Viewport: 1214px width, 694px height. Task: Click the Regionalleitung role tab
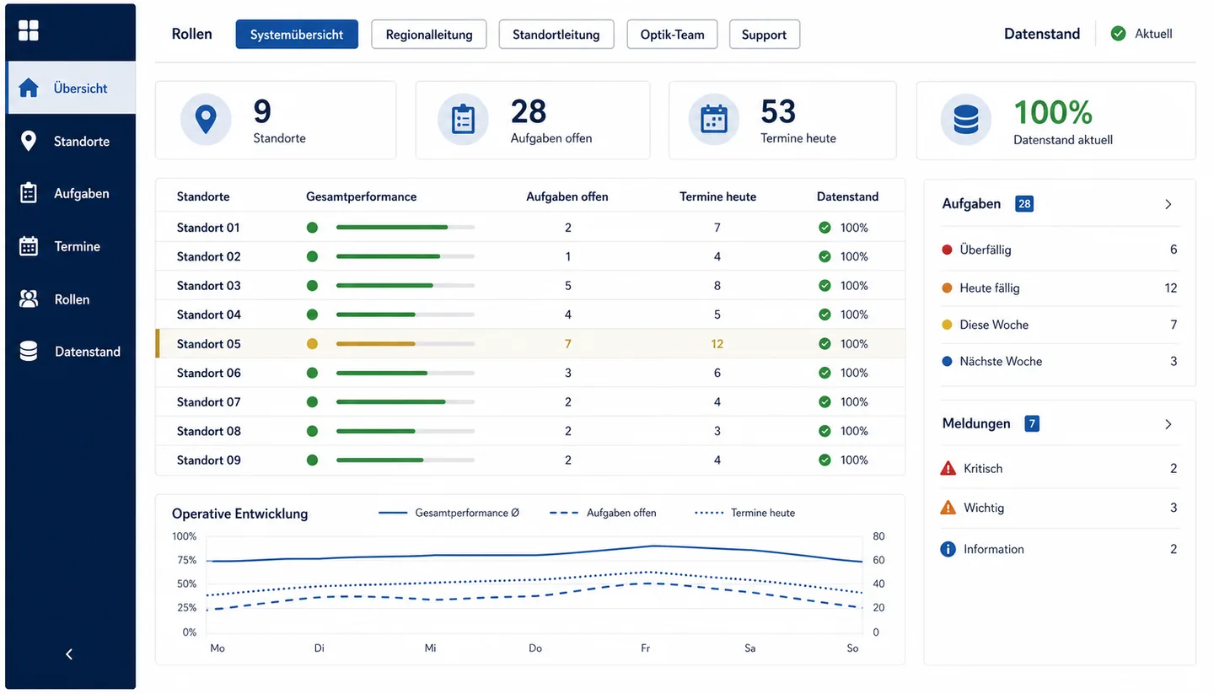[x=428, y=35]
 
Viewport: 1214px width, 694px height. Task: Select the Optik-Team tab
[x=672, y=35]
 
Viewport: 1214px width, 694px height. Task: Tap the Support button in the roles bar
[x=764, y=35]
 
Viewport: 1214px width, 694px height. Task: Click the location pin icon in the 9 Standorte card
[x=206, y=119]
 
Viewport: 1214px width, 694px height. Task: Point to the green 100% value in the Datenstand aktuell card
[x=1052, y=112]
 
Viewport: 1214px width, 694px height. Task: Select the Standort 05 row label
[x=209, y=344]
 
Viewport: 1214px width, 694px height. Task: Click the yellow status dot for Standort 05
[x=312, y=344]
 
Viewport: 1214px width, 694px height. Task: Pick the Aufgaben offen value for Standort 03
[x=568, y=286]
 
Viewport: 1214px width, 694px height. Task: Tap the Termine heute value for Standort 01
[x=717, y=228]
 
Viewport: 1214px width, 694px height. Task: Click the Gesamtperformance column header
[x=362, y=196]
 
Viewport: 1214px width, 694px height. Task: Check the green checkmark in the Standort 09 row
[x=825, y=460]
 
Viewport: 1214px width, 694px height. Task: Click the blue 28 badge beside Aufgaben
[x=1024, y=204]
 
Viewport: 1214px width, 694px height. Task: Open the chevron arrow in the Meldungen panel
[x=1168, y=424]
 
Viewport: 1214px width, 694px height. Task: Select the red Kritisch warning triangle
[x=948, y=468]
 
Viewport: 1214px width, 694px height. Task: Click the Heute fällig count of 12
[x=1171, y=288]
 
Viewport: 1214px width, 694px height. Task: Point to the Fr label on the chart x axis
[x=645, y=648]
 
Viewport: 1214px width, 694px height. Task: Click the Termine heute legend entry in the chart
[x=744, y=513]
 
